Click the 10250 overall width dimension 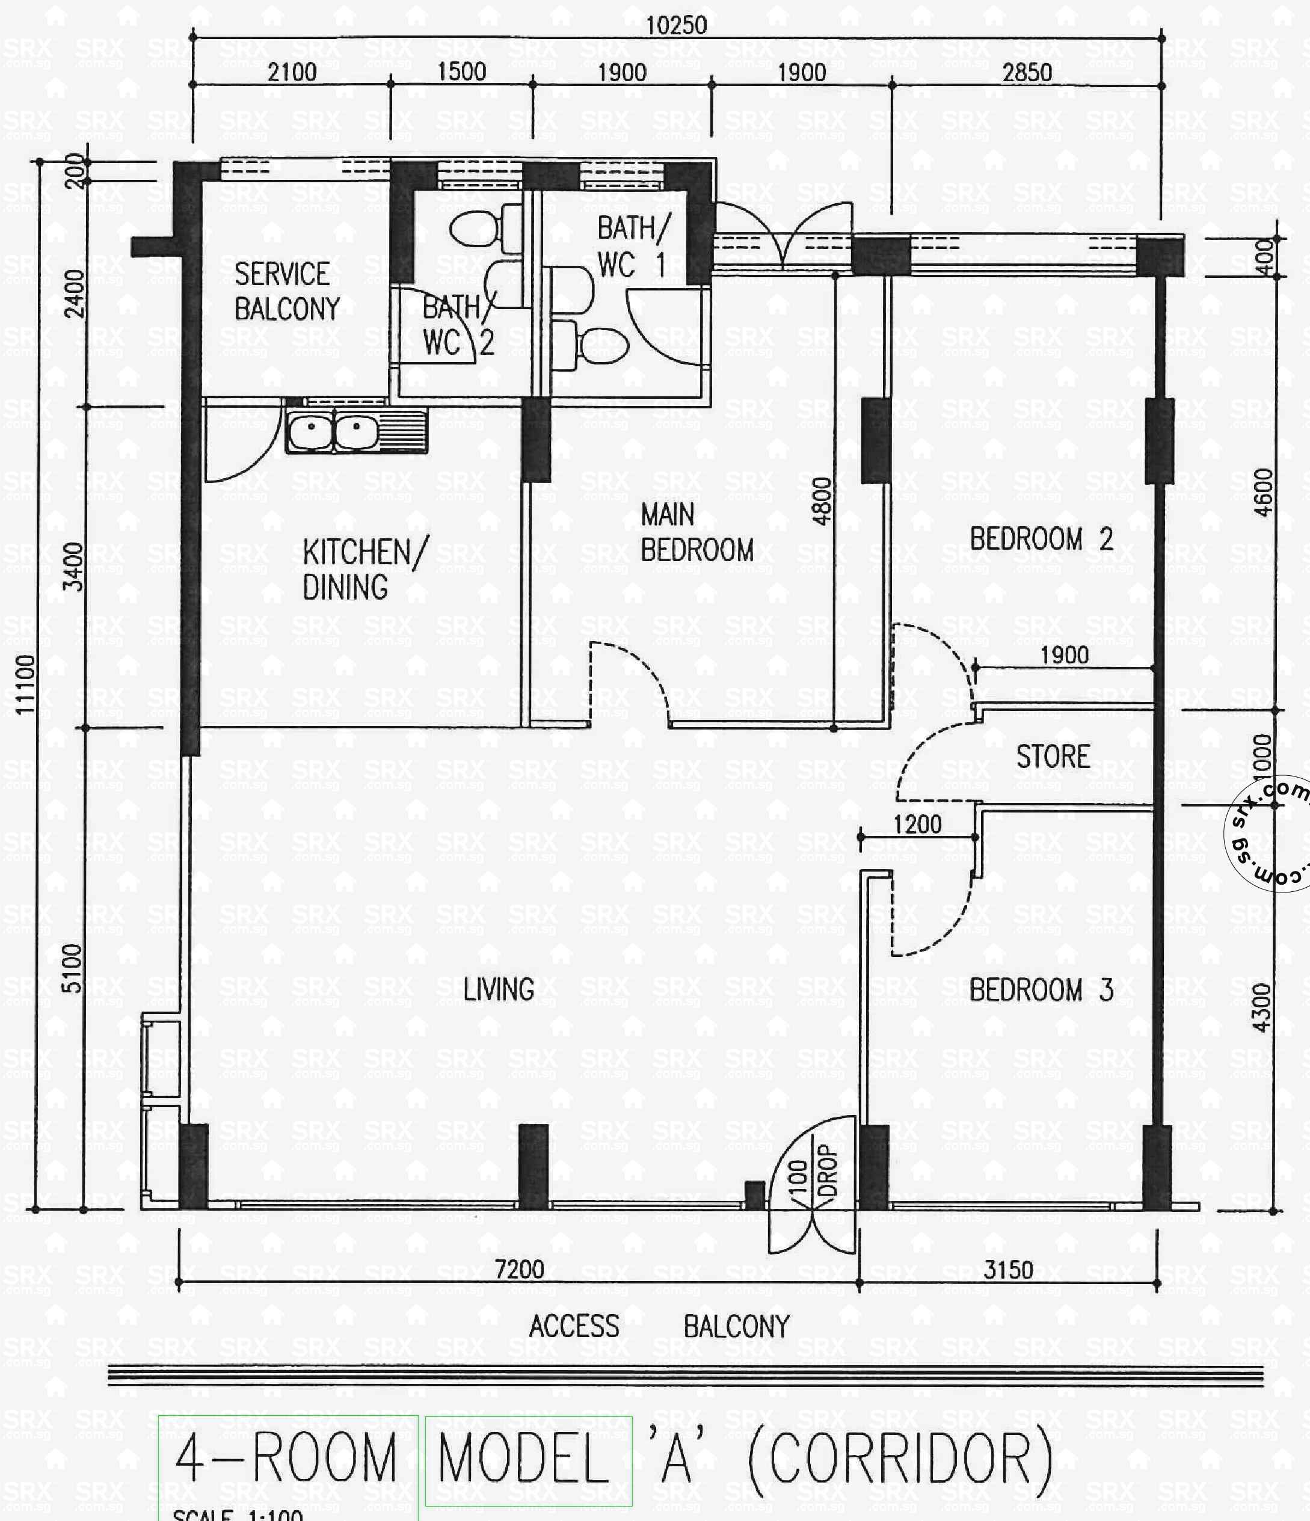[x=675, y=26]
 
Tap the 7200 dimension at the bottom [x=519, y=1269]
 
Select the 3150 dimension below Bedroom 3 [x=1007, y=1270]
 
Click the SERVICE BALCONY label [x=286, y=292]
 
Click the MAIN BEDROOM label [x=696, y=533]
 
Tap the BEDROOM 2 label [x=1041, y=539]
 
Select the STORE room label [x=1052, y=757]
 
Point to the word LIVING [x=499, y=989]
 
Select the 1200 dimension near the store [x=917, y=825]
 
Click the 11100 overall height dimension [x=26, y=683]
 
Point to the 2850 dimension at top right [x=1027, y=72]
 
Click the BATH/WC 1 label [x=632, y=247]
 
